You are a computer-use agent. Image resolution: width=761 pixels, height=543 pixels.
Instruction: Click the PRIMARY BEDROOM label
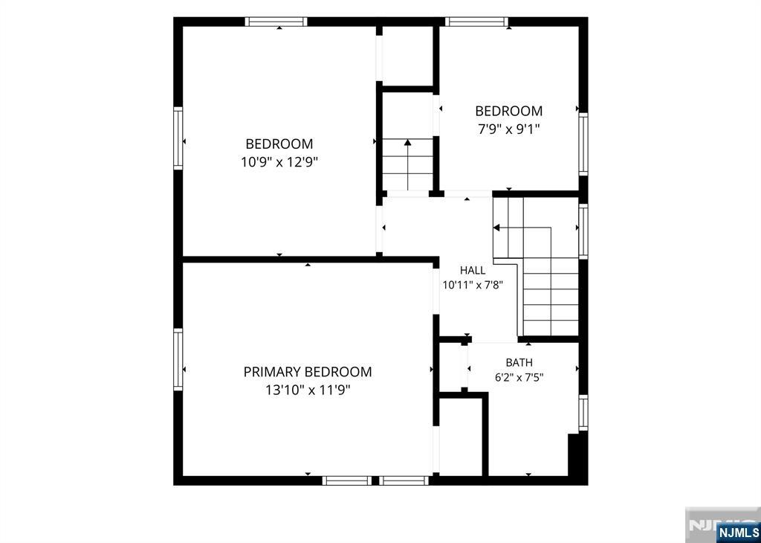coord(308,372)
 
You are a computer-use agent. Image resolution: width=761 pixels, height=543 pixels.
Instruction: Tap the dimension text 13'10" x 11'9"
coord(308,390)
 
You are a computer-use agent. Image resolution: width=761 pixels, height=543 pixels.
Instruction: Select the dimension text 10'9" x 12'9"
coord(279,161)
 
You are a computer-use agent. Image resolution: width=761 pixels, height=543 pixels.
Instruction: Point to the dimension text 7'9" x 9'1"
coord(508,129)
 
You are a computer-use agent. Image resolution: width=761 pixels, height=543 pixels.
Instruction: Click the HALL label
coord(473,271)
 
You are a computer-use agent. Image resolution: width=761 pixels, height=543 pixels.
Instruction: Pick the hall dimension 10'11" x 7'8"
coord(473,285)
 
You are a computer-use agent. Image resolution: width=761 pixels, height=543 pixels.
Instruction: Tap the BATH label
coord(519,362)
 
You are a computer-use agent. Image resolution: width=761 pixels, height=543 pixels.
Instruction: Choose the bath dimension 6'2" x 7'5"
coord(519,377)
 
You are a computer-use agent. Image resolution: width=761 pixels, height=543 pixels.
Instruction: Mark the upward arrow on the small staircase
coord(408,164)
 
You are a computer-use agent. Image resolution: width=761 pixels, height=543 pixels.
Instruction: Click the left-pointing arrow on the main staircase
coord(522,228)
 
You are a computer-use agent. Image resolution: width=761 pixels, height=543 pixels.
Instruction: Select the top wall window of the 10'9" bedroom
coord(276,22)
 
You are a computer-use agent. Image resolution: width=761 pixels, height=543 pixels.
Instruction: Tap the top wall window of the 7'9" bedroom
coord(476,22)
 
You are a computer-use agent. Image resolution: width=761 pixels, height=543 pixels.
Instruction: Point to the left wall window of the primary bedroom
coord(178,359)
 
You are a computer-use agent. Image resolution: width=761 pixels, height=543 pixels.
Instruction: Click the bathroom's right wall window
coord(583,412)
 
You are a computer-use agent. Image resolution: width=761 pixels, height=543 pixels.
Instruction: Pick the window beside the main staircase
coord(583,231)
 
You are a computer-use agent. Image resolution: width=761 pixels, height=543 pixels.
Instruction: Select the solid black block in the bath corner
coord(577,455)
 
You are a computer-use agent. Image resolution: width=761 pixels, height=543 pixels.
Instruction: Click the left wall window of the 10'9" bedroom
coord(178,138)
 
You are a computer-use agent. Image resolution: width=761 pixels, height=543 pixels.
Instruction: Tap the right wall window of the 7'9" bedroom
coord(583,144)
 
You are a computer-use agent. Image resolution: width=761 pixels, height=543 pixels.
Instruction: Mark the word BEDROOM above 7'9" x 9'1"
coord(508,112)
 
